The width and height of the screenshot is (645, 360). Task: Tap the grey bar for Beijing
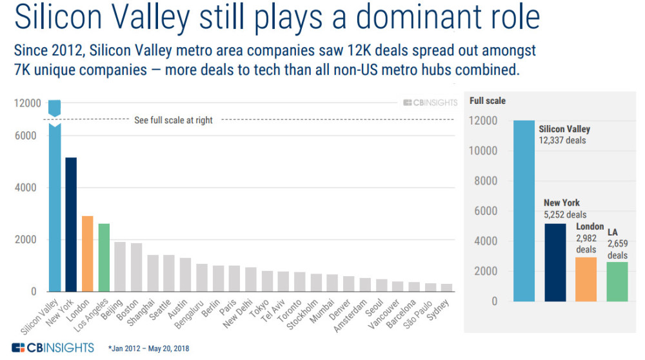(x=120, y=266)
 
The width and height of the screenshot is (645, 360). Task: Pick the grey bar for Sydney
(x=446, y=288)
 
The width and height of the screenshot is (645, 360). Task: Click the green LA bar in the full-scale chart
(x=617, y=281)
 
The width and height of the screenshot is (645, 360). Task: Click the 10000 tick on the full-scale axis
(x=484, y=151)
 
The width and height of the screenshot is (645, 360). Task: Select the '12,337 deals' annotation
(x=562, y=139)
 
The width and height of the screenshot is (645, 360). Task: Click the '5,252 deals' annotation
(x=565, y=215)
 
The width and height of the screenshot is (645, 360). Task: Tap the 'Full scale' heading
(x=488, y=101)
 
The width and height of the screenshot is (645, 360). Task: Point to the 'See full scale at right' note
(x=173, y=120)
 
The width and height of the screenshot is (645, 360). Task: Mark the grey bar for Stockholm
(x=316, y=283)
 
